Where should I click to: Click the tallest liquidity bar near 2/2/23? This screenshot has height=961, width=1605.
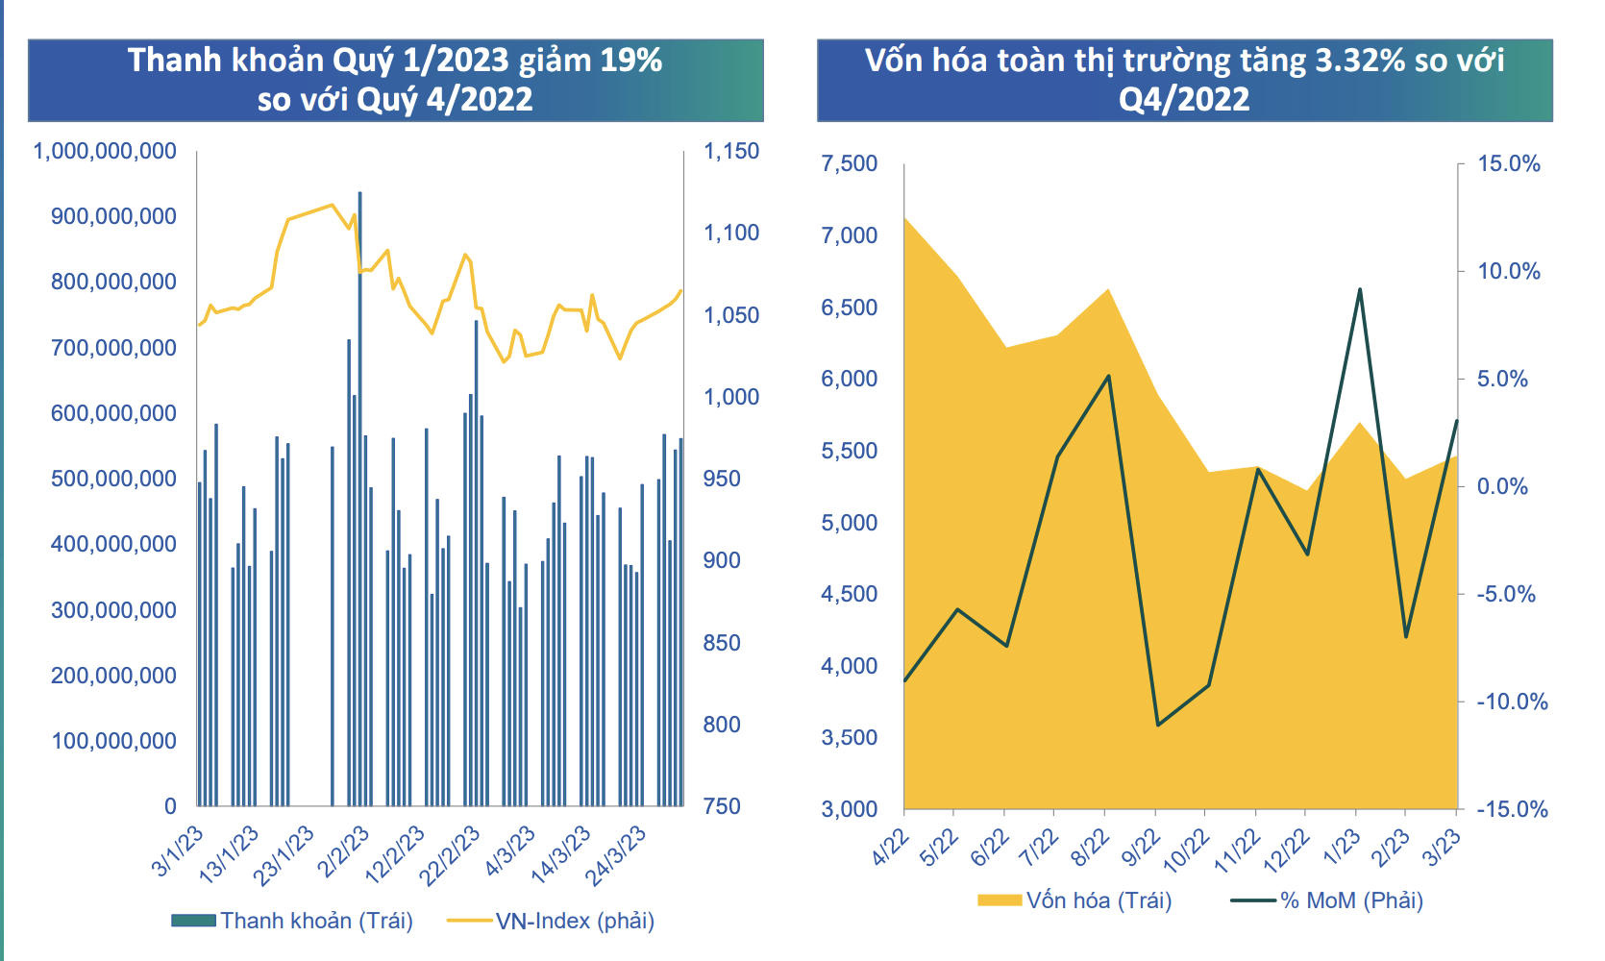(x=360, y=500)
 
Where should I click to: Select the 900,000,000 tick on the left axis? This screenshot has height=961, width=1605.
(x=113, y=217)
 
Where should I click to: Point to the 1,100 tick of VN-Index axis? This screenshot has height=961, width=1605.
(x=731, y=233)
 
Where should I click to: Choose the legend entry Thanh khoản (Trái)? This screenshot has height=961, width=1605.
(x=292, y=921)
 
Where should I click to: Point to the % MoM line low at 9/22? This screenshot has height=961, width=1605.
(x=1158, y=725)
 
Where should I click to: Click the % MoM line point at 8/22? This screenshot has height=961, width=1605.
(x=1108, y=376)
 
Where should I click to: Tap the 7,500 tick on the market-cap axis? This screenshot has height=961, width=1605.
(x=850, y=163)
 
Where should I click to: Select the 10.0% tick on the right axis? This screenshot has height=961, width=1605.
(x=1509, y=271)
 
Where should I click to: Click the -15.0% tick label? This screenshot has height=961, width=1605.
(x=1512, y=809)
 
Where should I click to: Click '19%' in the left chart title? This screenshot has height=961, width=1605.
(x=631, y=61)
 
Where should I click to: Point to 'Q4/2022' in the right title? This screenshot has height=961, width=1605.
(x=1184, y=99)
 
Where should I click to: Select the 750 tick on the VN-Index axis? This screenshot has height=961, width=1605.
(x=722, y=806)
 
